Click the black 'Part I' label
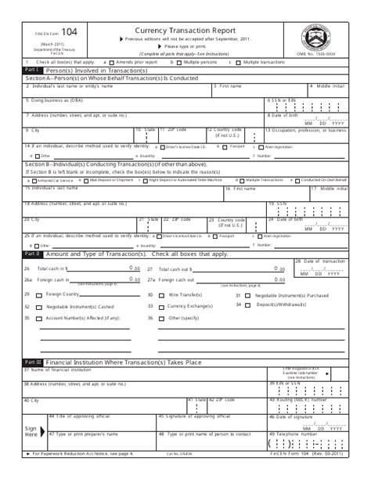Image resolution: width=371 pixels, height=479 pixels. (x=32, y=70)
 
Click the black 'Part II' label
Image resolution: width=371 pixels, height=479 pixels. (x=32, y=254)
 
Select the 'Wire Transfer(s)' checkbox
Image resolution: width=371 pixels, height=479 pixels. (x=162, y=295)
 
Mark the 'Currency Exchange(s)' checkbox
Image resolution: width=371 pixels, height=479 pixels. (x=162, y=306)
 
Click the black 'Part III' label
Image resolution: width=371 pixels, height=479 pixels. (x=32, y=362)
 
